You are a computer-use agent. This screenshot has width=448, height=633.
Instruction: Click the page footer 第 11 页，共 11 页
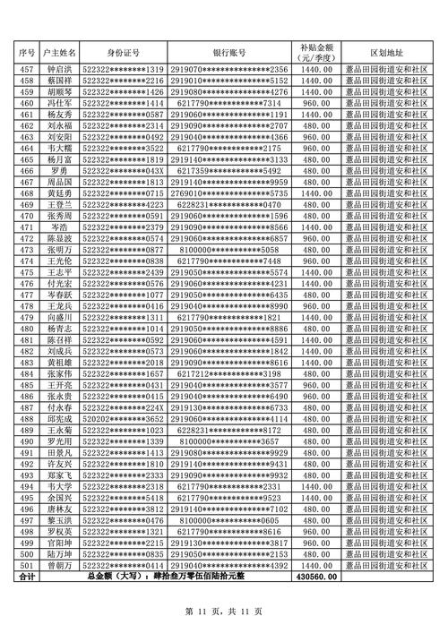pos(223,611)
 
